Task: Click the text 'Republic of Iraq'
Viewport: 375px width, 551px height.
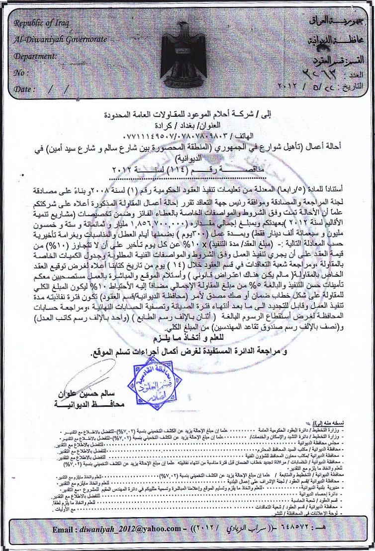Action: [38, 23]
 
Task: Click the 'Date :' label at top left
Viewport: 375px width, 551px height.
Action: [25, 89]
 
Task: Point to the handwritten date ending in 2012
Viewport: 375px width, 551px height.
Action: [318, 86]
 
